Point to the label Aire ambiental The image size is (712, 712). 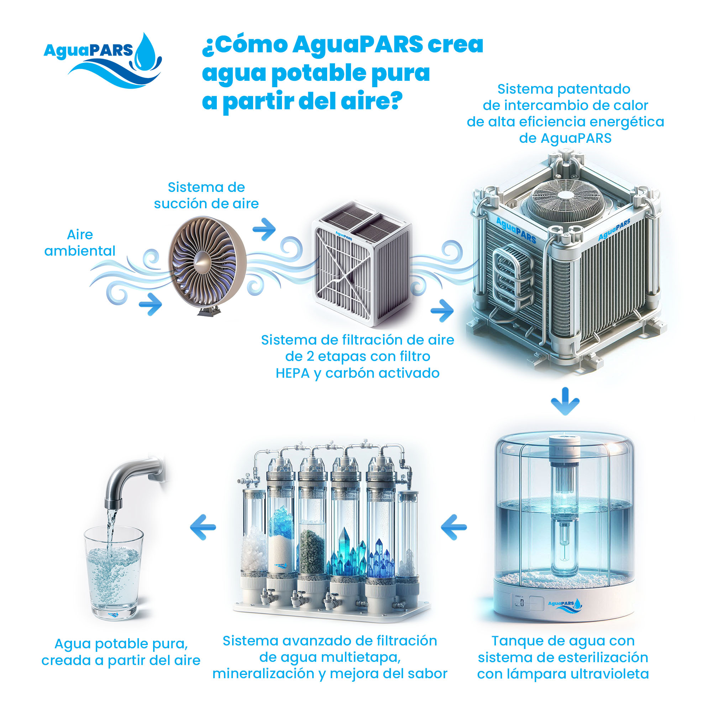80,242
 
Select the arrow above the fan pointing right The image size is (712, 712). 265,229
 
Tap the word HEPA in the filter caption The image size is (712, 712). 293,373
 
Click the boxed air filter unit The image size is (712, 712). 362,263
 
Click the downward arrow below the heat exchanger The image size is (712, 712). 565,401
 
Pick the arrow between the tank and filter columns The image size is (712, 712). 454,527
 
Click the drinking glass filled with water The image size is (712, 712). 114,571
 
